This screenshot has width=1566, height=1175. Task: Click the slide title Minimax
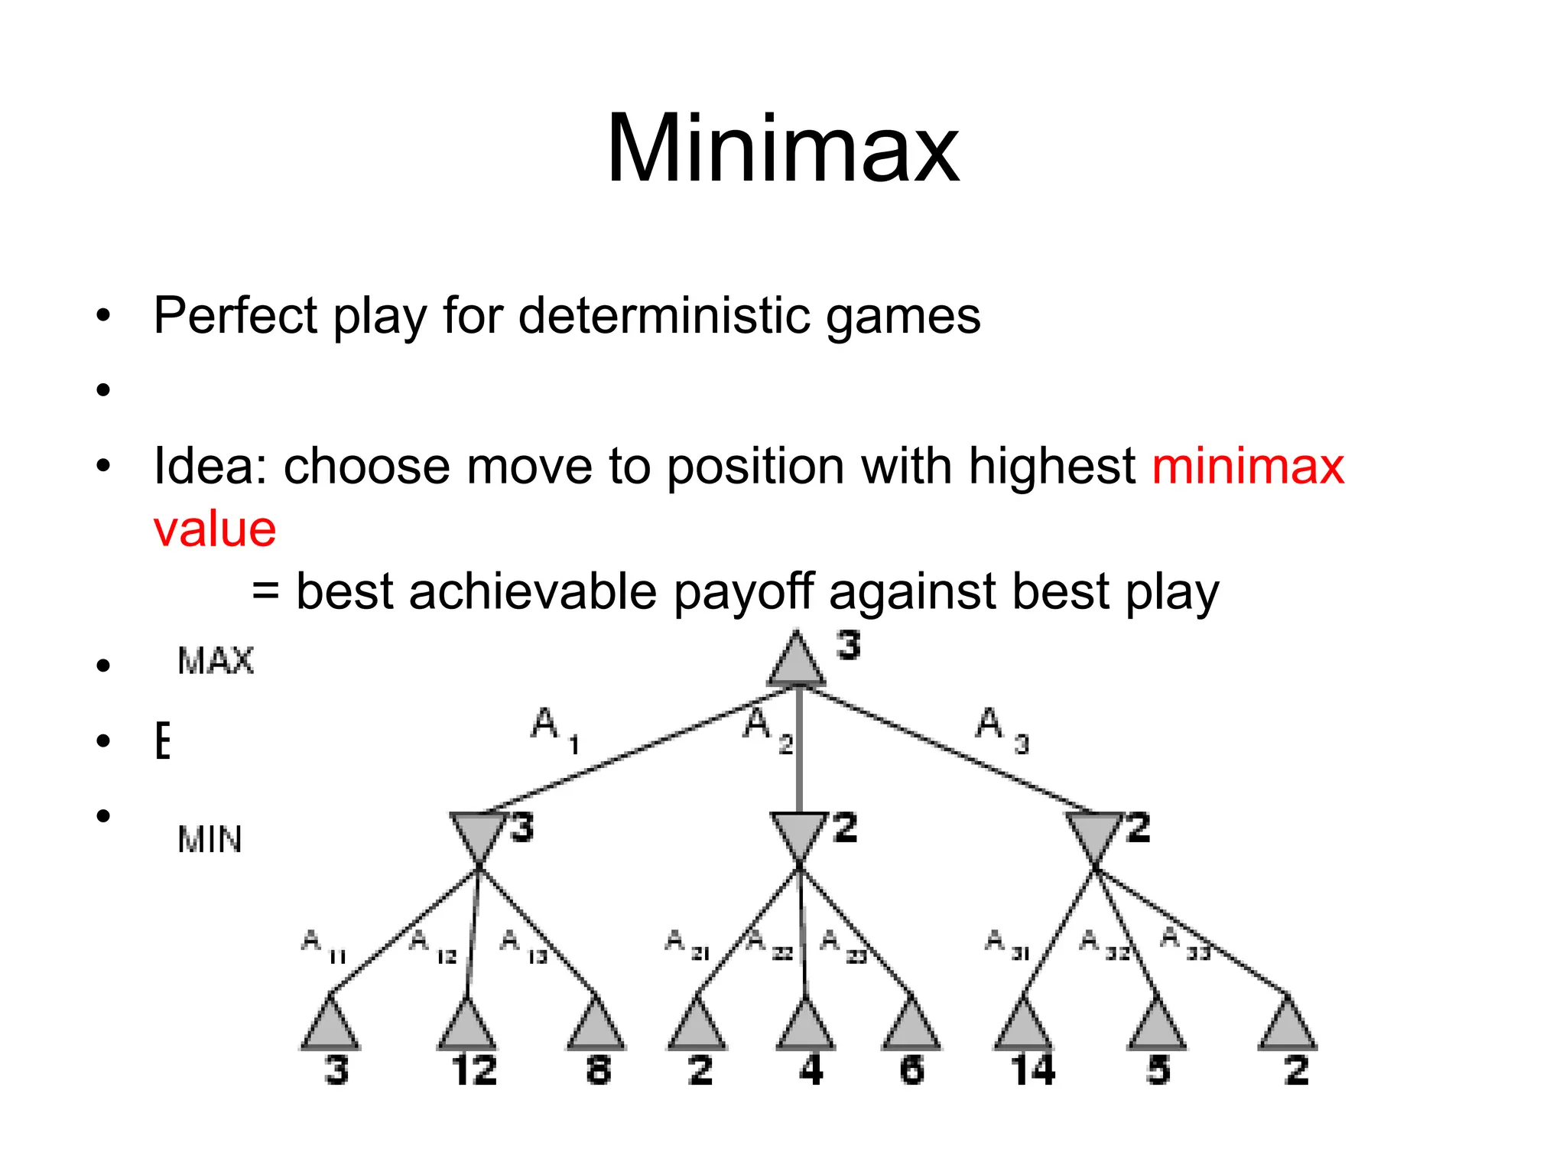[x=782, y=148]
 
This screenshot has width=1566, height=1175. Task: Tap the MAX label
[x=215, y=661]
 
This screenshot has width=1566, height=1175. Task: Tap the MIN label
[x=210, y=839]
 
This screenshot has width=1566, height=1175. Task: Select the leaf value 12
[x=474, y=1070]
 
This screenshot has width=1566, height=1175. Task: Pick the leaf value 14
[x=1032, y=1070]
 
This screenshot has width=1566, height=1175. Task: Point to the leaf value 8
[x=599, y=1070]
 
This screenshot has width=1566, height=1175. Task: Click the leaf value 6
[x=911, y=1070]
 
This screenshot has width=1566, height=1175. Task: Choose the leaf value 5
[x=1158, y=1070]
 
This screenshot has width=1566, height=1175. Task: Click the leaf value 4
[x=811, y=1070]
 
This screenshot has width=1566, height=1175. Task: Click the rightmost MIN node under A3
[x=1094, y=838]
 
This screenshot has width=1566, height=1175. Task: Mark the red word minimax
[x=1248, y=467]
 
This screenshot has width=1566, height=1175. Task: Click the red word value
[x=215, y=529]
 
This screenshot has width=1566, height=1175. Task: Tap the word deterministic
[x=664, y=315]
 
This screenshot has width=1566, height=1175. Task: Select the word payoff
[x=743, y=592]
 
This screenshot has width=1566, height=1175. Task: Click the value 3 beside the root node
[x=847, y=646]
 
